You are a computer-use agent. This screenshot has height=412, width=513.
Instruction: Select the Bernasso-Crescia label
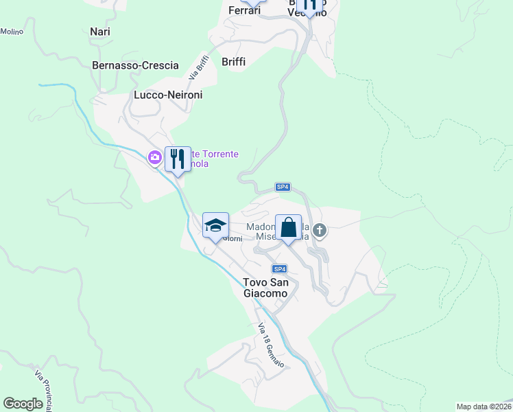pos(135,65)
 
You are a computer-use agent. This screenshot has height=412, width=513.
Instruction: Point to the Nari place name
pos(100,32)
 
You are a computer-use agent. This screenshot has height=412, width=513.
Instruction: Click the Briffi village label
pos(233,62)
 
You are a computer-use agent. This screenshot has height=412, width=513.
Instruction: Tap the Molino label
pos(12,32)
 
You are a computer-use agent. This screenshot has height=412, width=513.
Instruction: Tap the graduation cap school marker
pos(215,225)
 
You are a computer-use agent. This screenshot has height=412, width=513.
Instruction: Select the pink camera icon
pos(154,159)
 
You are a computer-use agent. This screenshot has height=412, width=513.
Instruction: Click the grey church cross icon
pos(320,231)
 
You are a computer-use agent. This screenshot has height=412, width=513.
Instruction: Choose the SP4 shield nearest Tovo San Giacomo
pos(278,268)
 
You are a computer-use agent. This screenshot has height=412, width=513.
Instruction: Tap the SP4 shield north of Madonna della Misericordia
pos(283,187)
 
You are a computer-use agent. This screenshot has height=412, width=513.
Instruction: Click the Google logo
pos(23,404)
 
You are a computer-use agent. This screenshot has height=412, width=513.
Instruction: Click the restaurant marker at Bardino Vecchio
pos(310,5)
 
